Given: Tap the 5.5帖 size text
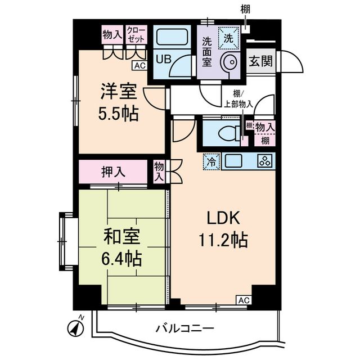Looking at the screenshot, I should pos(119,114).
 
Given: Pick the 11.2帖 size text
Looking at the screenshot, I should pos(223,240).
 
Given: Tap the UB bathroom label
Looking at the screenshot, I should pos(163,58).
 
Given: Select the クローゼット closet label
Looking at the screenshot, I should pos(136,34).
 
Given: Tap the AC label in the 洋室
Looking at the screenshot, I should pos(140,66).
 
